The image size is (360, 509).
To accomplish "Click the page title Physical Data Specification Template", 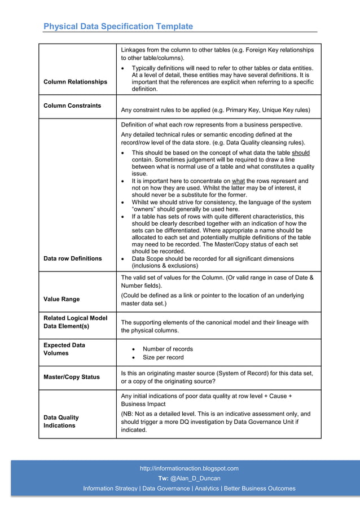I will tap(118, 27).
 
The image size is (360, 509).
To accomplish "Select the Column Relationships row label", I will tap(75, 82).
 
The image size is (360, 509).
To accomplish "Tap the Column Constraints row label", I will tap(72, 106).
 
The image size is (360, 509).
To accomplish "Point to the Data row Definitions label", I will tap(73, 258).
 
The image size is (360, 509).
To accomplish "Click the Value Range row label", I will tap(62, 299).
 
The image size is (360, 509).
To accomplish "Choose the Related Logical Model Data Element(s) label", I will tap(75, 322).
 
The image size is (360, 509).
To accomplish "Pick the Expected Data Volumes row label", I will tap(64, 349).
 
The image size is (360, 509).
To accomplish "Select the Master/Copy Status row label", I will tap(71, 377).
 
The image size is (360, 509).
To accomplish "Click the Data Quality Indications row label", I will tap(62, 422).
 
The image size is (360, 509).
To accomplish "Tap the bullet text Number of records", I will tap(168, 349).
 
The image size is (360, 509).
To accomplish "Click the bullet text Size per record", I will tap(163, 357).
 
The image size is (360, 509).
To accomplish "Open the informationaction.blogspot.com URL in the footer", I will tap(189, 468).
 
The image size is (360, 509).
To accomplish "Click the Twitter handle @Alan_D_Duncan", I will tap(195, 479).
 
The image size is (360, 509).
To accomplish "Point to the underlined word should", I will tap(300, 153).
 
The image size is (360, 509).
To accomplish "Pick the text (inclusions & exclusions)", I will tap(165, 265).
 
